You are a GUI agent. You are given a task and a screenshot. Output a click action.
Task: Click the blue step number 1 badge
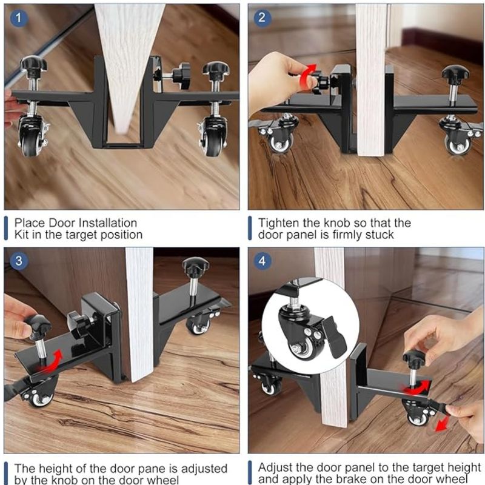19,18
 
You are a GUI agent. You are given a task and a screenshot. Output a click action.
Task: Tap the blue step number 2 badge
262,18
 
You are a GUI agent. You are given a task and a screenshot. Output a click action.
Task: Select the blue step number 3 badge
19,261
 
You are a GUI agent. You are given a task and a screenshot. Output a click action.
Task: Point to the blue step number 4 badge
262,261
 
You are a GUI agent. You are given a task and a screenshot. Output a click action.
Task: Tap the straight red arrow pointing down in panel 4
442,423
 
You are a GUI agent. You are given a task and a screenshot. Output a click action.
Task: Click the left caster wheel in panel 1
30,139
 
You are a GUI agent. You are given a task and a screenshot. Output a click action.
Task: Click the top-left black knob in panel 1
33,65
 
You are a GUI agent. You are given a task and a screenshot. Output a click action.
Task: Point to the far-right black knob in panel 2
455,73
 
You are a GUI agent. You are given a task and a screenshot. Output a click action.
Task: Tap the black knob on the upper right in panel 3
195,266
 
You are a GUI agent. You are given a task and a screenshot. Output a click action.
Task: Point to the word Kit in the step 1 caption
22,235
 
